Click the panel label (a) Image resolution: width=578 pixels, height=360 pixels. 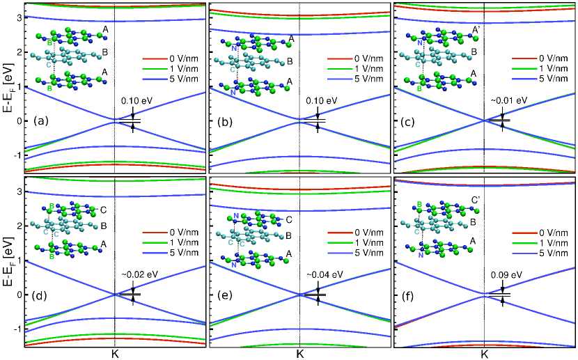(x=40, y=120)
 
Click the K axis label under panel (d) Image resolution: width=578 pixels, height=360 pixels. (x=115, y=354)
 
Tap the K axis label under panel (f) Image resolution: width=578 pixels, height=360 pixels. (x=484, y=354)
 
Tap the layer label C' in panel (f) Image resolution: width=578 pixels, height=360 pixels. (x=476, y=201)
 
